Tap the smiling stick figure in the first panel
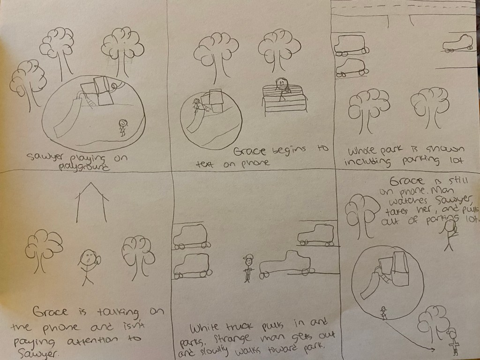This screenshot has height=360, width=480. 123,127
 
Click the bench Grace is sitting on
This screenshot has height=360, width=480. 284,99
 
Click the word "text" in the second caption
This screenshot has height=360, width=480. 205,165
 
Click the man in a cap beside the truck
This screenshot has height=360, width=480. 248,268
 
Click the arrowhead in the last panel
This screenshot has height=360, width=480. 432,349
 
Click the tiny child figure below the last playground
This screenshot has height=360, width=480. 383,313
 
